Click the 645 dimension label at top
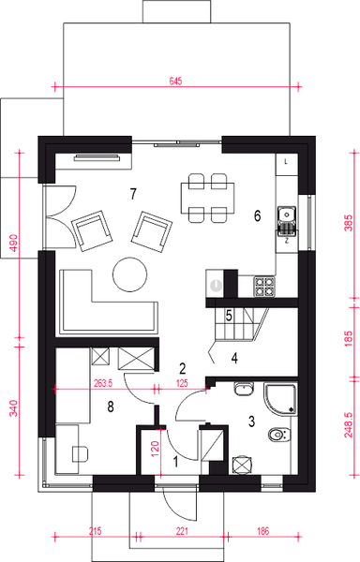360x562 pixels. pyautogui.click(x=175, y=81)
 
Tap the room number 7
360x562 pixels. pyautogui.click(x=133, y=194)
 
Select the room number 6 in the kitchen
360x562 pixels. pyautogui.click(x=257, y=215)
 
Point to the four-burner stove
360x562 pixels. pyautogui.click(x=265, y=287)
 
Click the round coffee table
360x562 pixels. pyautogui.click(x=129, y=274)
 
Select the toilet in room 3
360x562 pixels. pyautogui.click(x=279, y=435)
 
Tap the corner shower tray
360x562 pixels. pyautogui.click(x=280, y=399)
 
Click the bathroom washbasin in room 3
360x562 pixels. pyautogui.click(x=244, y=389)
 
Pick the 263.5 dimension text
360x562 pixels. pyautogui.click(x=102, y=383)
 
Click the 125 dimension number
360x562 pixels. pyautogui.click(x=182, y=383)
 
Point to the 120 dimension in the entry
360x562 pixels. pyautogui.click(x=155, y=448)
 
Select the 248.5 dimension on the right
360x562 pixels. pyautogui.click(x=348, y=424)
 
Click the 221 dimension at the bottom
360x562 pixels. pyautogui.click(x=182, y=531)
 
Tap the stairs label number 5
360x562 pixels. pyautogui.click(x=229, y=317)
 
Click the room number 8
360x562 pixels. pyautogui.click(x=111, y=407)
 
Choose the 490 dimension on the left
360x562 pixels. pyautogui.click(x=13, y=243)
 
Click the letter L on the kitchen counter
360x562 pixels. pyautogui.click(x=286, y=162)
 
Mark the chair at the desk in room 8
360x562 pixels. pyautogui.click(x=81, y=454)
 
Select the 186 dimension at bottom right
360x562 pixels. pyautogui.click(x=262, y=531)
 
